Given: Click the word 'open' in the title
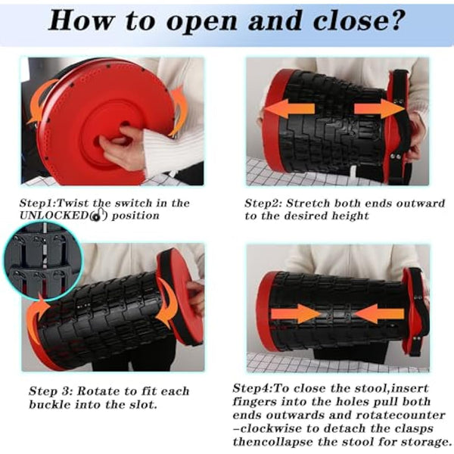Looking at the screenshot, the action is pyautogui.click(x=202, y=21).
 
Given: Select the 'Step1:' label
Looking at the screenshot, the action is pyautogui.click(x=37, y=204).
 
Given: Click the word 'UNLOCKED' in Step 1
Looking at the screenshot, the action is pyautogui.click(x=54, y=216).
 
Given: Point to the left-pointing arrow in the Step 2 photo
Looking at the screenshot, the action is pyautogui.click(x=290, y=108).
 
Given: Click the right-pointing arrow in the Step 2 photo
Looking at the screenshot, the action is pyautogui.click(x=379, y=108).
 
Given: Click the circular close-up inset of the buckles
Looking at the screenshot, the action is pyautogui.click(x=43, y=260).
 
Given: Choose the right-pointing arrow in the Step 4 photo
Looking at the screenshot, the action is pyautogui.click(x=296, y=313).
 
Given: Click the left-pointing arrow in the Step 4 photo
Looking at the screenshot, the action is pyautogui.click(x=379, y=313).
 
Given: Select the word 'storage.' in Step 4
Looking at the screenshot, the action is pyautogui.click(x=426, y=442).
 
